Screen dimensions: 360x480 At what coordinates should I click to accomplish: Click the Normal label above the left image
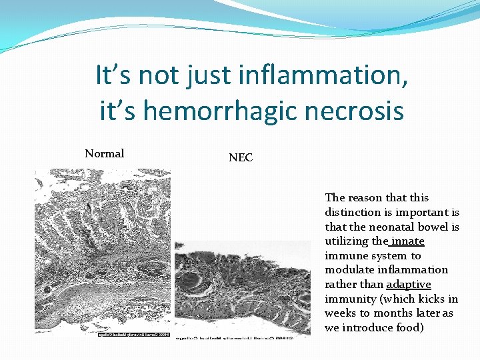(104, 153)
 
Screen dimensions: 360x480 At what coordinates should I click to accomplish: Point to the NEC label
(241, 158)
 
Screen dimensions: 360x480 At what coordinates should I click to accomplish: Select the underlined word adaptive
(409, 284)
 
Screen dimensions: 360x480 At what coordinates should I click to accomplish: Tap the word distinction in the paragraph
(351, 212)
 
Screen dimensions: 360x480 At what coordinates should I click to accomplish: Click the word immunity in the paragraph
(347, 299)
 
